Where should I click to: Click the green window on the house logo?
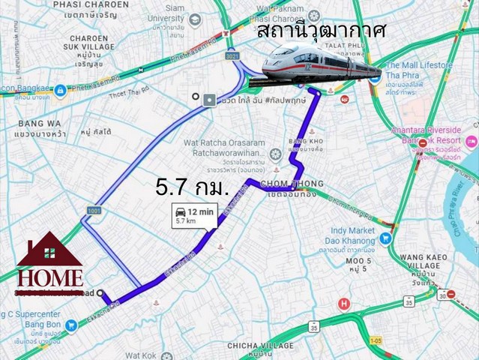pyautogui.click(x=50, y=253)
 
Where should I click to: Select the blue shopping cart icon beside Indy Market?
pyautogui.click(x=386, y=238)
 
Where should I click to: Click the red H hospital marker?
pyautogui.click(x=343, y=304)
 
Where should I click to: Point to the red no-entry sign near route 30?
pyautogui.click(x=451, y=295)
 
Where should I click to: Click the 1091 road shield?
pyautogui.click(x=93, y=211)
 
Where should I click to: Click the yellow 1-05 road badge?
pyautogui.click(x=375, y=343)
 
